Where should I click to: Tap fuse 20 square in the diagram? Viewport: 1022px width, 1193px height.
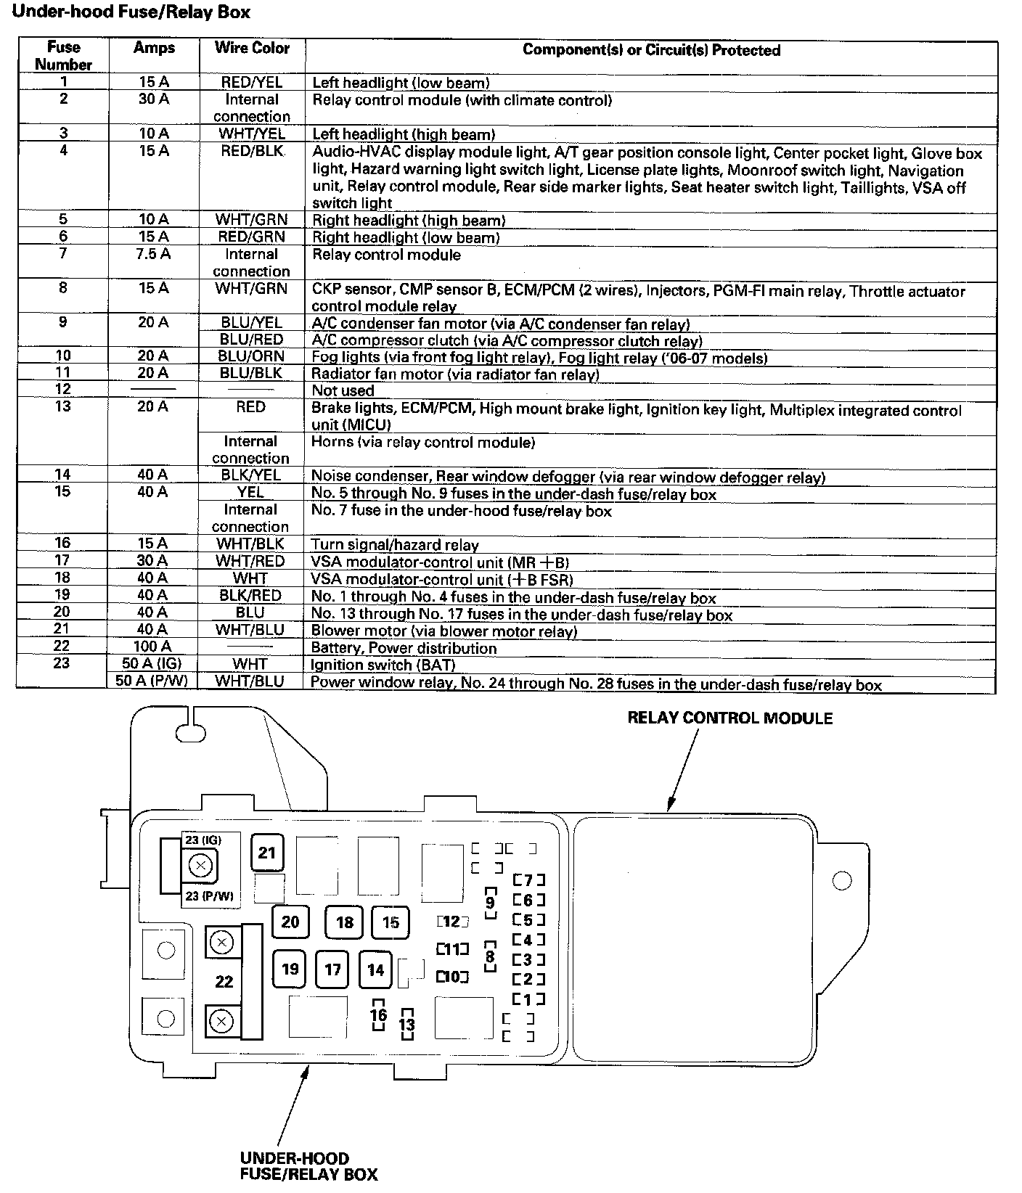[290, 922]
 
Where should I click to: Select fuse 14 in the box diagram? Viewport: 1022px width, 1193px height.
[375, 969]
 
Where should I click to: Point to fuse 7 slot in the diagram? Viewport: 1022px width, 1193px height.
[528, 880]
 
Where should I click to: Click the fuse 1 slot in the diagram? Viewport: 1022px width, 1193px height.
[528, 999]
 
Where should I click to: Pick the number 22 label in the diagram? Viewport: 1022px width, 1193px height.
[224, 982]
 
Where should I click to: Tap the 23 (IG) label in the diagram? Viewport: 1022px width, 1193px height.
[203, 840]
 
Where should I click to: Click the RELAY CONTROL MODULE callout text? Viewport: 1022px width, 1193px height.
[729, 718]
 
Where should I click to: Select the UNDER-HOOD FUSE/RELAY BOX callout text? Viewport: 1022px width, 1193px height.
[308, 1166]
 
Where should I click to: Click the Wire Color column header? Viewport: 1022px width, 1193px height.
[252, 49]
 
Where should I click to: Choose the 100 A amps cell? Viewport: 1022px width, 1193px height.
[153, 646]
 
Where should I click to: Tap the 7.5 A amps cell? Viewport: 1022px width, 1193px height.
[153, 254]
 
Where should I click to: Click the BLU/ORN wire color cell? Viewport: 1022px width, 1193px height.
[251, 356]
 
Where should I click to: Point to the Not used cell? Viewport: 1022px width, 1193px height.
[343, 390]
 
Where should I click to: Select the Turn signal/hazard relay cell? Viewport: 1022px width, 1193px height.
[395, 545]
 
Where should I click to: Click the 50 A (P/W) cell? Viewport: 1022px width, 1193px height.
[151, 681]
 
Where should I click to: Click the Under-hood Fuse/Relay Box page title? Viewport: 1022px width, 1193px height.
[131, 12]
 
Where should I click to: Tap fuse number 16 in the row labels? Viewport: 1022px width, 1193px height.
[62, 544]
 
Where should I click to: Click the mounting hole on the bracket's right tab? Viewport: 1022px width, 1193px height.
[841, 881]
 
